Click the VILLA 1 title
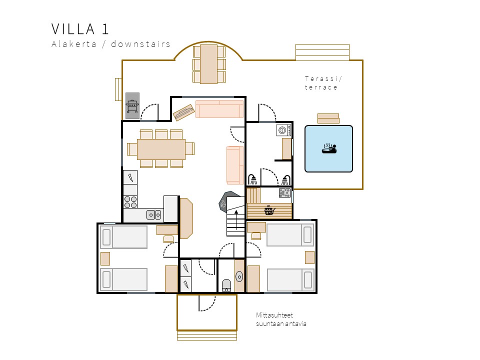point(80,29)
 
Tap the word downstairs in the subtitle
point(140,44)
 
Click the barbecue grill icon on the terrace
point(132,106)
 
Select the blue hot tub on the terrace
point(328,149)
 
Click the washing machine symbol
point(284,130)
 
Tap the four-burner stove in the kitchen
point(130,202)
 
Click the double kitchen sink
point(153,214)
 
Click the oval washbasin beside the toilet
point(239,276)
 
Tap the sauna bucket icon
point(269,210)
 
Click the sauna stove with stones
point(284,193)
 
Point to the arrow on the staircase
point(236,219)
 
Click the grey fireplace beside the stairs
point(227,201)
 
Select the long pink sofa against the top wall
point(219,108)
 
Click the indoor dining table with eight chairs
point(161,149)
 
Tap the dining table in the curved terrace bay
point(209,64)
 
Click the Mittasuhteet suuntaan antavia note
point(281,319)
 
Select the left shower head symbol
point(253,179)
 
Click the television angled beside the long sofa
point(183,112)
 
